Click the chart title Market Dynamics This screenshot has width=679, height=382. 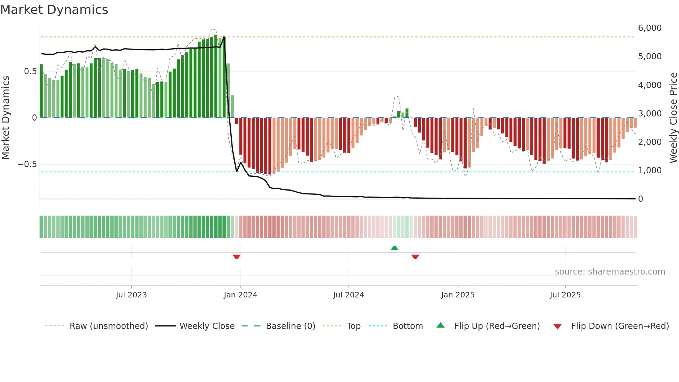pyautogui.click(x=54, y=10)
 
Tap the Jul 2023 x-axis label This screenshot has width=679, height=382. pyautogui.click(x=131, y=295)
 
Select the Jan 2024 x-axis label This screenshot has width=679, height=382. pyautogui.click(x=240, y=295)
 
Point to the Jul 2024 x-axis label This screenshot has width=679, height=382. pyautogui.click(x=349, y=295)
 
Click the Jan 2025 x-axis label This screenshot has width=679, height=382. pyautogui.click(x=458, y=295)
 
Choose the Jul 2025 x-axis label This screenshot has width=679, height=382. pyautogui.click(x=565, y=295)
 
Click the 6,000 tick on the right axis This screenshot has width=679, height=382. pyautogui.click(x=650, y=28)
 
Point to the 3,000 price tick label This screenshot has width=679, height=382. pyautogui.click(x=650, y=114)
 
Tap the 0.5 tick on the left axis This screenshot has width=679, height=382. pyautogui.click(x=30, y=71)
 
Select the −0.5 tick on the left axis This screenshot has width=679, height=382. pyautogui.click(x=27, y=164)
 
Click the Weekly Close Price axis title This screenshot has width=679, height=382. pyautogui.click(x=673, y=118)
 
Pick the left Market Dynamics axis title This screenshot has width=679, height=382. pyautogui.click(x=6, y=118)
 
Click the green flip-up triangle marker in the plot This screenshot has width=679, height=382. pyautogui.click(x=394, y=248)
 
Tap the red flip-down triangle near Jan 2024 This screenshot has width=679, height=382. pyautogui.click(x=237, y=257)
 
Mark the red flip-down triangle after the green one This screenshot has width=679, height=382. pyautogui.click(x=415, y=257)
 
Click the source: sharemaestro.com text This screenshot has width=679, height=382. pyautogui.click(x=610, y=272)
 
